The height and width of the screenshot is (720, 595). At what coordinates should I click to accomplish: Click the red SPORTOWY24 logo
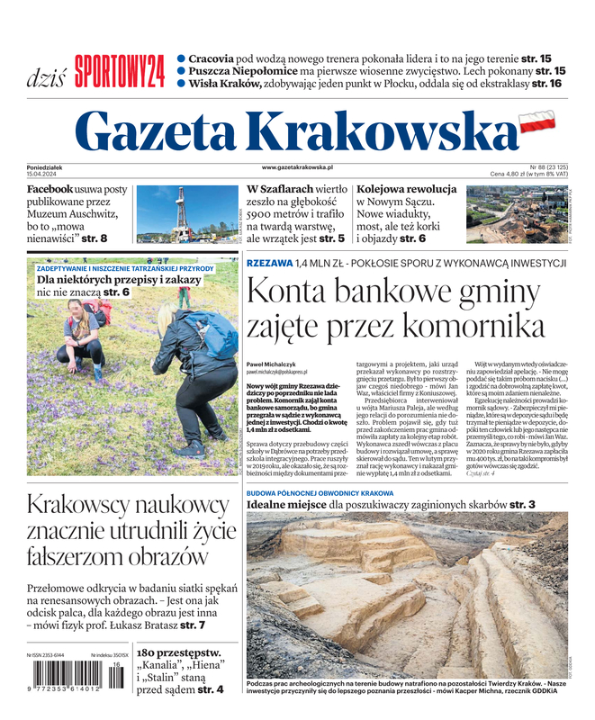coord(120,71)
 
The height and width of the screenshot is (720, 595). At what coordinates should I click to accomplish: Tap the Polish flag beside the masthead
coord(537,121)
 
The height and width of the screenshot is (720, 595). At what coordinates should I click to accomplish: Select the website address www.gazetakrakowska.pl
coord(297,167)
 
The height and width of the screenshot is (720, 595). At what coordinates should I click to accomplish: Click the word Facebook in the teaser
coord(50,190)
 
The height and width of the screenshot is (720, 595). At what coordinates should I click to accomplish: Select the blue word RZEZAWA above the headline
coord(269,263)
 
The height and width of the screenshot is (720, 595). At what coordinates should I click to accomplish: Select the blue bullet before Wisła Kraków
coord(181,83)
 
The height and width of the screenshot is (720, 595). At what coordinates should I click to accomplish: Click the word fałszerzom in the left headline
coord(75,556)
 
